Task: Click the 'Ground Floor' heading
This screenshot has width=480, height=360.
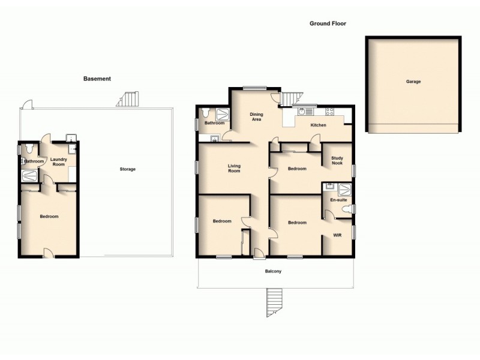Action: coord(328,24)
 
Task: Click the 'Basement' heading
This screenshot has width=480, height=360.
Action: coord(97,79)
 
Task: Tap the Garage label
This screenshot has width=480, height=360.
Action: coord(413,81)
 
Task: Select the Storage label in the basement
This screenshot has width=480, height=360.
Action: coord(127,169)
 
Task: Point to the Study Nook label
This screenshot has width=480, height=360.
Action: coord(337,160)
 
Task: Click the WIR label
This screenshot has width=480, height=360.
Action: coord(337,236)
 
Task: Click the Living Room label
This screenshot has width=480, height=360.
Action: coord(233,168)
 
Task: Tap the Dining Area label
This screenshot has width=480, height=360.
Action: coord(256,116)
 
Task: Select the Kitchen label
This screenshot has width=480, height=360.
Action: coord(318,125)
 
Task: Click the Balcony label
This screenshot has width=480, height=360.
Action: coord(274,272)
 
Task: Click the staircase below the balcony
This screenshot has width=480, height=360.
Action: coord(274,302)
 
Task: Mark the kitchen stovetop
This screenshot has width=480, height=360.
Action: coord(329,112)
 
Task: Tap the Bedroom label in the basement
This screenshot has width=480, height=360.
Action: coord(49,217)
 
